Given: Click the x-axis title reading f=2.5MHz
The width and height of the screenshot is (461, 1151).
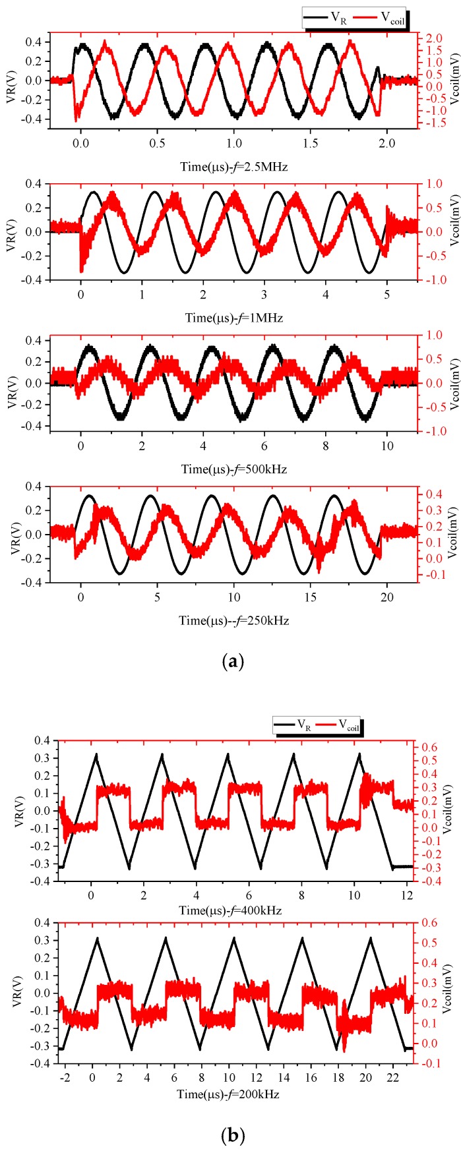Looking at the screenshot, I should [x=234, y=167].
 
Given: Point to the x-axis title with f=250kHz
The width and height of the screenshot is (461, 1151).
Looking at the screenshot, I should [x=234, y=620].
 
